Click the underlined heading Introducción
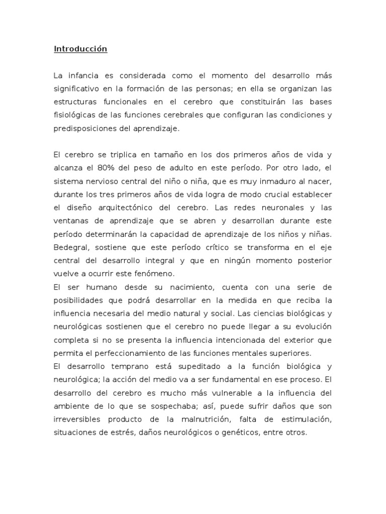pos(80,49)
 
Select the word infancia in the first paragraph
pos(83,76)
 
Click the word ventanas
pos(70,220)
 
